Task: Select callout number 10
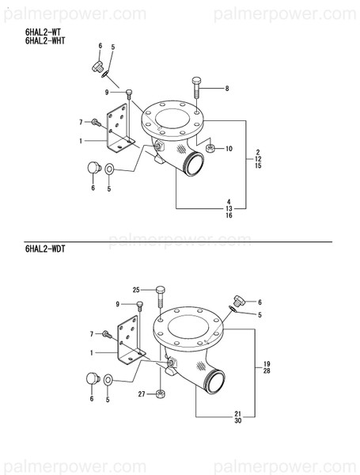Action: coord(229,149)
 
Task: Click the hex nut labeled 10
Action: coord(210,148)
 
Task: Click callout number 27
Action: coord(141,393)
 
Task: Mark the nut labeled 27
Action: coord(161,393)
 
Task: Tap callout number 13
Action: coord(229,208)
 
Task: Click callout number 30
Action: coord(238,420)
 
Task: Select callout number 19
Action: coord(256,363)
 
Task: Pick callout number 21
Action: coord(238,413)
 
